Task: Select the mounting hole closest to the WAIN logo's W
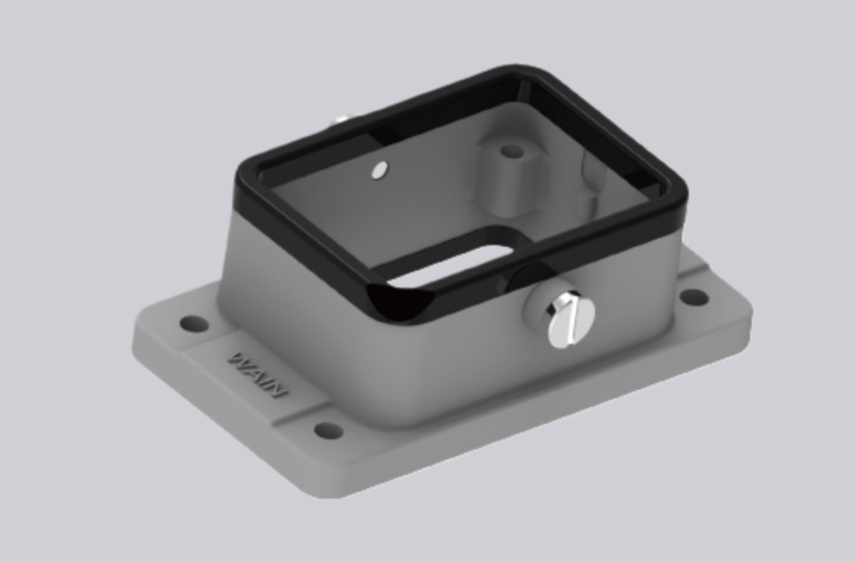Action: pos(194,324)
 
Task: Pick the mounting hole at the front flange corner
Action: pos(328,429)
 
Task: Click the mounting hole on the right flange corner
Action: pos(693,297)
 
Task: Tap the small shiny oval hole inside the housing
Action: pos(378,171)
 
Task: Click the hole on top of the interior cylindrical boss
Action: pos(511,151)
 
